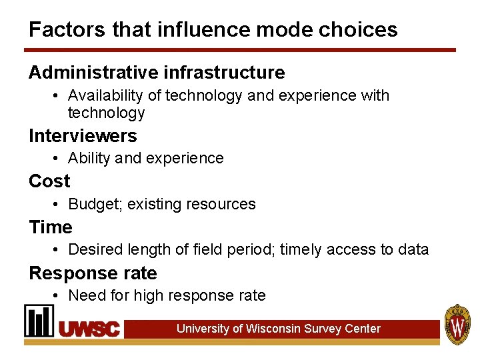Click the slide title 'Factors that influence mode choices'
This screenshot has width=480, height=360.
[213, 29]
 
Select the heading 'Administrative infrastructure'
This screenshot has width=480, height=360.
[157, 72]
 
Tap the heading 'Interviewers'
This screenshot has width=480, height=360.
[83, 136]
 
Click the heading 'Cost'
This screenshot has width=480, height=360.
[49, 181]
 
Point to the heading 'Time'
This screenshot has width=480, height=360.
[51, 227]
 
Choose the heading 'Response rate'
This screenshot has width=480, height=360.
[93, 273]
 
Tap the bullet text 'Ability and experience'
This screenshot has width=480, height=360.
[146, 158]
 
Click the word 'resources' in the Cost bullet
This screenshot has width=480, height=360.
[224, 204]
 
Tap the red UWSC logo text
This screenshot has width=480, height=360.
[89, 329]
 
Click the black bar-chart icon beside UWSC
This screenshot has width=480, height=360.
[39, 321]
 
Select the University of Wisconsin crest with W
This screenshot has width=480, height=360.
[458, 325]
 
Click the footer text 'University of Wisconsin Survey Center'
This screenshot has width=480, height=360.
[279, 329]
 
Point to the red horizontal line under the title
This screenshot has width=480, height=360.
[240, 50]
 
